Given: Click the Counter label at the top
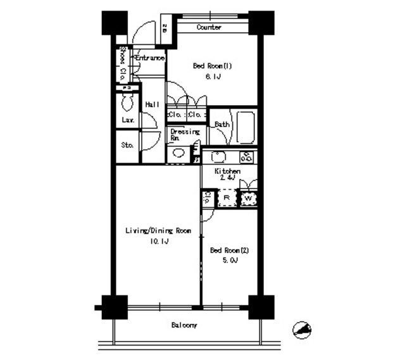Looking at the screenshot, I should tap(208, 27).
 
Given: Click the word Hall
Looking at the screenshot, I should tap(151, 104).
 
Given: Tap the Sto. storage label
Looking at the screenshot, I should tap(127, 145).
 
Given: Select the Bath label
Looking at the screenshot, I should tap(221, 124).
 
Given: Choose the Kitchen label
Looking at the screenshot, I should tap(227, 171).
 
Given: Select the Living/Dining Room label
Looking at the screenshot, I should tap(158, 230).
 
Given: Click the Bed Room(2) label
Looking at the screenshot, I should tap(229, 250).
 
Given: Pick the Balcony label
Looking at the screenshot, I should tap(184, 326).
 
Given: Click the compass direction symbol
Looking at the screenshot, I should tap(302, 330).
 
